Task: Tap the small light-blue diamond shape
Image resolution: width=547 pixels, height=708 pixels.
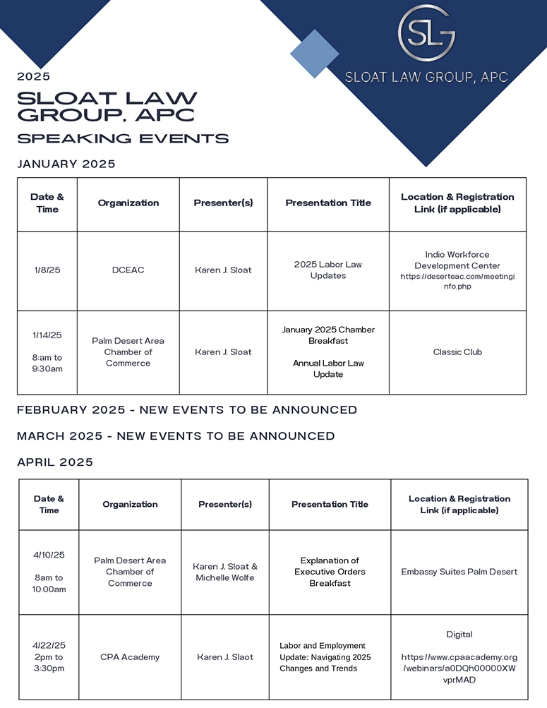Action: pos(315,54)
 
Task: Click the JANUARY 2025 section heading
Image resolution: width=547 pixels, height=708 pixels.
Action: pos(66,164)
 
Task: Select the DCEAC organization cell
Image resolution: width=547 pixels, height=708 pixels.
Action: pos(128,270)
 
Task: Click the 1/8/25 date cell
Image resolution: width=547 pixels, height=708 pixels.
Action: pos(47,270)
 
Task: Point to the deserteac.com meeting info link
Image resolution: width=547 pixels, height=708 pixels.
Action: pos(457,282)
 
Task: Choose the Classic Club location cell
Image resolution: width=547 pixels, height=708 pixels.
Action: pos(457,352)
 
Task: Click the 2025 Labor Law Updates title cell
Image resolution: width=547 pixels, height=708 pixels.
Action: pos(327,270)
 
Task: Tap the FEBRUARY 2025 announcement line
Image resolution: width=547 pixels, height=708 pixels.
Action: pos(187,410)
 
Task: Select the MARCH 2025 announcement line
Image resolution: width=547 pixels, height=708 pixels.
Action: pos(176,436)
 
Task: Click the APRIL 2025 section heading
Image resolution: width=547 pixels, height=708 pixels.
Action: pos(55,463)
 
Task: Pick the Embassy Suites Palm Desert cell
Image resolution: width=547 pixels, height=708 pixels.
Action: pos(459,572)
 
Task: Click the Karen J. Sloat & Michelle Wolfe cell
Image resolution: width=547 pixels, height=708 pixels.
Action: pos(225,572)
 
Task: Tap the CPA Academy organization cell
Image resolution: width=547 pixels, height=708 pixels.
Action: pos(130,657)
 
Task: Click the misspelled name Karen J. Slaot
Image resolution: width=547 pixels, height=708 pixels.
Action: pos(225,657)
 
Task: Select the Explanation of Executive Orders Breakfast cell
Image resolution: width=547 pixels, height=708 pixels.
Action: pos(330,572)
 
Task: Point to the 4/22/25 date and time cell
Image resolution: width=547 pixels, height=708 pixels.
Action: pos(49,657)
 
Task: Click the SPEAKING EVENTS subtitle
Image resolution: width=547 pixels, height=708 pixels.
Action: pos(123,138)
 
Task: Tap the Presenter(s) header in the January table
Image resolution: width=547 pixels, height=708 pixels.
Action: pos(223,203)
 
